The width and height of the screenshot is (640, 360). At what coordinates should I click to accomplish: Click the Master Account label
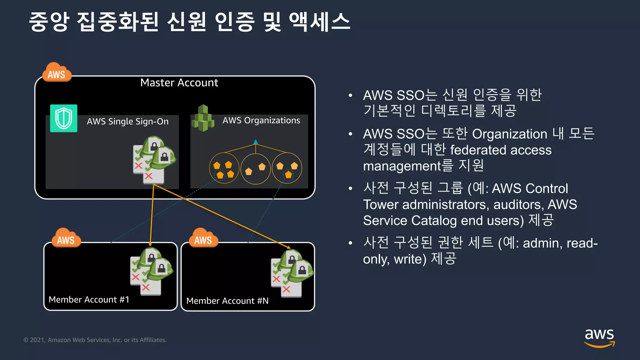click(179, 83)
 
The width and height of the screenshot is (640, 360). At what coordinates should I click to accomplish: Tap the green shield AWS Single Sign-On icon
click(64, 118)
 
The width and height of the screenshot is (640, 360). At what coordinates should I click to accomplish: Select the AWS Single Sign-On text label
click(127, 121)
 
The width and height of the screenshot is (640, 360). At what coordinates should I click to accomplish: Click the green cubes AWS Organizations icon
click(203, 118)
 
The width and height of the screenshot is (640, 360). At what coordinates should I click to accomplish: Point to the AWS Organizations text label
click(261, 120)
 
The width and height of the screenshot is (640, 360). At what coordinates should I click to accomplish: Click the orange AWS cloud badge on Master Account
click(57, 73)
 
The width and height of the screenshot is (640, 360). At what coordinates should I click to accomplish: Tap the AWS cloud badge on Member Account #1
click(66, 238)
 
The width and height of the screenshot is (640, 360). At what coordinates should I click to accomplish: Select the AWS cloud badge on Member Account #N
click(203, 238)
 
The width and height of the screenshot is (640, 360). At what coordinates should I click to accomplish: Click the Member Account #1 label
click(89, 299)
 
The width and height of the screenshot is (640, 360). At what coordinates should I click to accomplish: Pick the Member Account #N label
click(227, 301)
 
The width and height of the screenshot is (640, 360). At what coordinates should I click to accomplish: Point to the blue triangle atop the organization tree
click(256, 142)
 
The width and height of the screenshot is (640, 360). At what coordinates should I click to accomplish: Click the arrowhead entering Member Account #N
click(288, 247)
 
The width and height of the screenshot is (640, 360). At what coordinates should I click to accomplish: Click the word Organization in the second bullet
click(509, 134)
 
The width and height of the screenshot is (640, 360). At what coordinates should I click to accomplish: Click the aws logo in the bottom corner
click(599, 337)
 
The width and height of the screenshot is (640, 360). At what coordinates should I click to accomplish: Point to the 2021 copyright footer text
click(95, 340)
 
